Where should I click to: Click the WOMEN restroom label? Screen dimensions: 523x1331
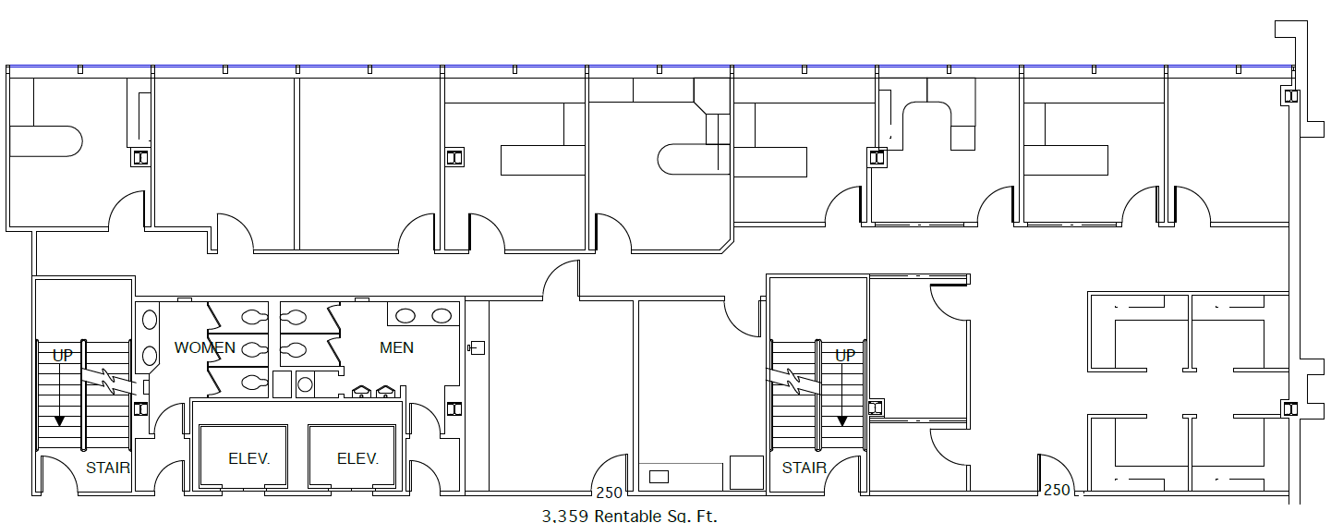coord(205,348)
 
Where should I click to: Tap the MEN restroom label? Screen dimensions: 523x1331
coord(396,348)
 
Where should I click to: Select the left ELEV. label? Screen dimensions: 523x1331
coord(249,458)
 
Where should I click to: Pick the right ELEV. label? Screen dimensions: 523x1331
coord(357,458)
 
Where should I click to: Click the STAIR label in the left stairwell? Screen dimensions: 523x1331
coord(108,468)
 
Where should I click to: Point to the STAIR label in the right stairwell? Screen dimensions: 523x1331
coord(805,468)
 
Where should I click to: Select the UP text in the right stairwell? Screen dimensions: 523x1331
coord(845,355)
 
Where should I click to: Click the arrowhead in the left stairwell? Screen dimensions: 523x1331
coord(59,420)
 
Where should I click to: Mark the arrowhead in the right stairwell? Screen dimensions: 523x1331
coord(842,420)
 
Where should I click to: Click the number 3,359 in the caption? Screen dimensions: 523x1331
coord(565,515)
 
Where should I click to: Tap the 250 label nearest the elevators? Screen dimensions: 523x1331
coord(609,493)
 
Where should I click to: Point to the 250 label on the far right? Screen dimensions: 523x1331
coord(1057,490)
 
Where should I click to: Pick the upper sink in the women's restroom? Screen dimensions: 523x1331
coord(150,321)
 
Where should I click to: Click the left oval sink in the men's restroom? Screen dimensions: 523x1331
coord(405,316)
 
